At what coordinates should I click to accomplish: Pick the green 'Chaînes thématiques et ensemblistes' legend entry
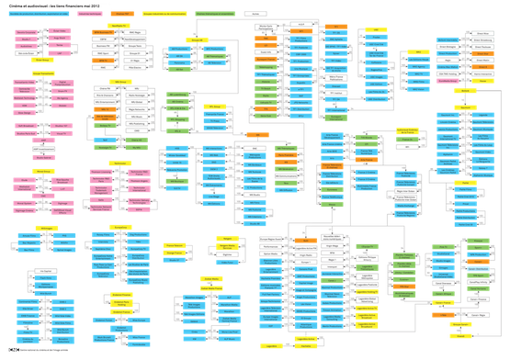click(214, 14)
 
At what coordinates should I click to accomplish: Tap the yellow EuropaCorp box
click(119, 163)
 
